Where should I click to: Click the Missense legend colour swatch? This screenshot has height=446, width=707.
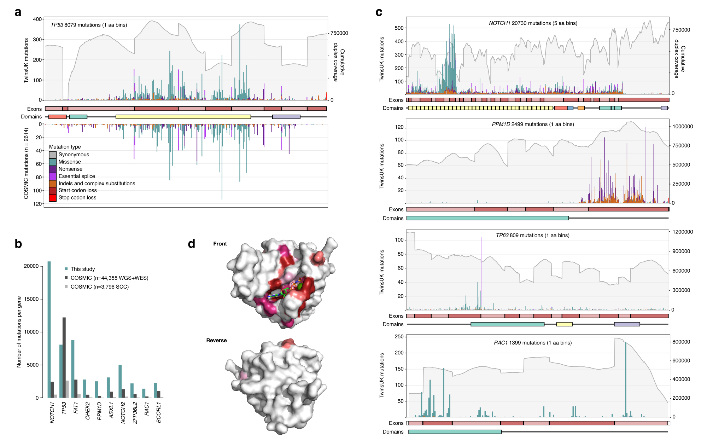(x=53, y=162)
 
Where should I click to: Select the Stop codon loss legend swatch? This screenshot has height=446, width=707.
(x=53, y=198)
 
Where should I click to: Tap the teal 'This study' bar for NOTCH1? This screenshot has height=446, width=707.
(x=49, y=329)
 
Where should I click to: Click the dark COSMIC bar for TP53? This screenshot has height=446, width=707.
(x=64, y=357)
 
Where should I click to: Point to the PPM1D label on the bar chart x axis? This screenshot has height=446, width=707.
(x=99, y=411)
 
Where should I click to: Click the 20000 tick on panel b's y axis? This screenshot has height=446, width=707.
(x=31, y=266)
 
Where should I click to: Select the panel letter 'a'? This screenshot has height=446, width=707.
(x=18, y=12)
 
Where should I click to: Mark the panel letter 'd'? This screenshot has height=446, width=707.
(x=191, y=244)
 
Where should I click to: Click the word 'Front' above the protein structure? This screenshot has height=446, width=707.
(x=220, y=244)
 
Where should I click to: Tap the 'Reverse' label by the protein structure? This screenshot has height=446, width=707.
(x=216, y=340)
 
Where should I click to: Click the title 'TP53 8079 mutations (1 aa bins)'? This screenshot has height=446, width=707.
(x=89, y=25)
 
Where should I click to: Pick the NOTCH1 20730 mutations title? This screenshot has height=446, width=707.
(x=533, y=23)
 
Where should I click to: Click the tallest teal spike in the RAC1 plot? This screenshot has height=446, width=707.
(x=626, y=378)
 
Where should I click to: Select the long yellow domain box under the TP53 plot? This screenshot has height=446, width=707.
(x=183, y=117)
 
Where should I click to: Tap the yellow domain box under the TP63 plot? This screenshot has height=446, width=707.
(x=564, y=324)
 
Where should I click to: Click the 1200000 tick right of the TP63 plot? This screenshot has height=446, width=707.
(x=682, y=232)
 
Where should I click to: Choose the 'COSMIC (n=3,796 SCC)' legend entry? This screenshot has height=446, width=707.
(x=99, y=287)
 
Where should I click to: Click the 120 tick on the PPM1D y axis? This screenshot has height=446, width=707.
(x=399, y=127)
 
